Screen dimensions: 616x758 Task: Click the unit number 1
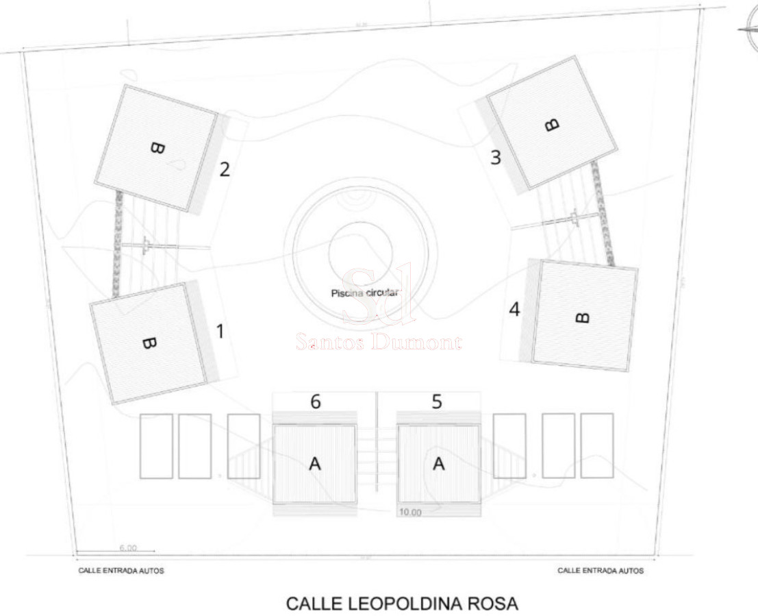[x=220, y=332]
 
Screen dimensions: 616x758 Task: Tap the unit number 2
[x=224, y=169]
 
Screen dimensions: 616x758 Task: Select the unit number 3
[x=496, y=157]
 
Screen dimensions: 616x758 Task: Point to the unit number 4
[x=514, y=309]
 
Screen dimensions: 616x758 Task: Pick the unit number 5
[x=437, y=402]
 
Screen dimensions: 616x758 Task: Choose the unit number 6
[x=316, y=402]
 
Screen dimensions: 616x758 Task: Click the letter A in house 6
[x=315, y=464]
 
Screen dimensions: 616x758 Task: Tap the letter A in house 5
[x=439, y=464]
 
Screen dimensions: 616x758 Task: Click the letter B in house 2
[x=157, y=148]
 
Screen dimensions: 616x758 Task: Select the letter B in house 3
[x=551, y=124]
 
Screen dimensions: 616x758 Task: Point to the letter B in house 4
[x=582, y=317]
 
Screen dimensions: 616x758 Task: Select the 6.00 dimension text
[x=128, y=547]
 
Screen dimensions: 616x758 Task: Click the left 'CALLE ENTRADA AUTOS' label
[x=121, y=571]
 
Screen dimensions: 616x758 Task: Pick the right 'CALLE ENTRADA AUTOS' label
[x=601, y=571]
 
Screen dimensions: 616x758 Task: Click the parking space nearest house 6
[x=244, y=445]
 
